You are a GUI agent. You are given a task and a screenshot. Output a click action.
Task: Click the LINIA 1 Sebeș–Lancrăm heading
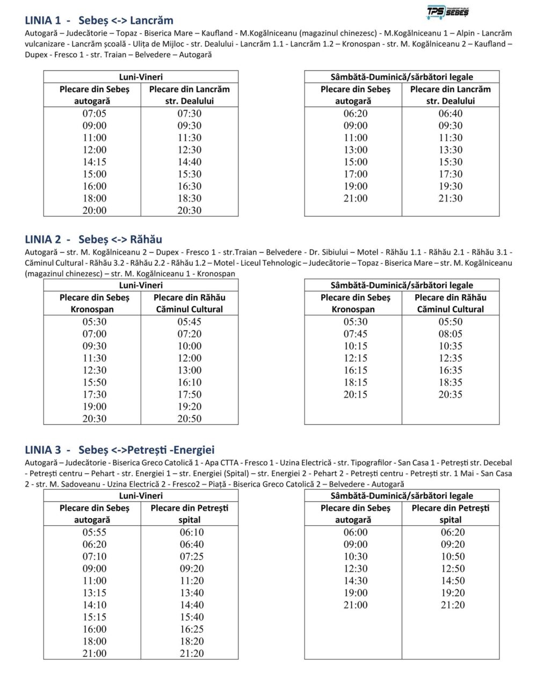99,21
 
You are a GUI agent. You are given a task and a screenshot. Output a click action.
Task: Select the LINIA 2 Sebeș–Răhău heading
93,240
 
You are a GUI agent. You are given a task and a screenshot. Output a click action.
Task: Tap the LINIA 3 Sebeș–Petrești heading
119,450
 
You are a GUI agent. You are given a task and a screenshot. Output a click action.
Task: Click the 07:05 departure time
95,113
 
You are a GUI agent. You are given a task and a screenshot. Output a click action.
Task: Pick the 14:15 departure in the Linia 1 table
95,162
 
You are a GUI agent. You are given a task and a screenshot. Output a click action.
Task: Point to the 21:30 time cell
451,198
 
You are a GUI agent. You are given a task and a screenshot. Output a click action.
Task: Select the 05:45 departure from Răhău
190,322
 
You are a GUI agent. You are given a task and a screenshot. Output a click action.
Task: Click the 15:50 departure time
95,382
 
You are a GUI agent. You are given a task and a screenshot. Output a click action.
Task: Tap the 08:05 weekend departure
451,334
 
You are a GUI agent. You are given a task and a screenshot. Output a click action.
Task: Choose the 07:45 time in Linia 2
355,334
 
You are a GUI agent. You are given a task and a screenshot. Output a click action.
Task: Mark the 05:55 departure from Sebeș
95,532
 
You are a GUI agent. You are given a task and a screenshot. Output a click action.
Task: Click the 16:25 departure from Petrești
192,629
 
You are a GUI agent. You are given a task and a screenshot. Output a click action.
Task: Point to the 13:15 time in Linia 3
95,593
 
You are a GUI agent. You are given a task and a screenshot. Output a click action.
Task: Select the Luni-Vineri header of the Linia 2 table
141,285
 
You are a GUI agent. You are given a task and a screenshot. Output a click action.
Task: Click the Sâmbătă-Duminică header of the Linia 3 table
402,496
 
